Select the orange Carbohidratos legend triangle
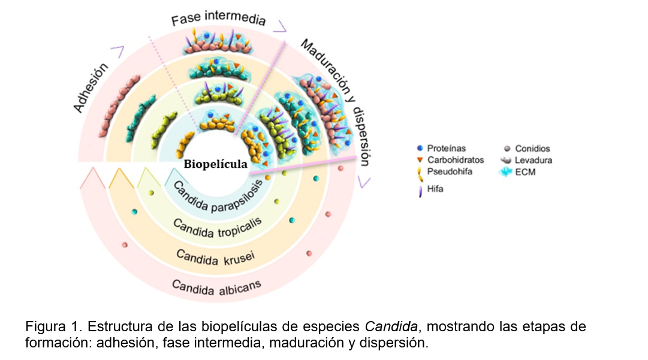[420, 160]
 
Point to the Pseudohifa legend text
[448, 171]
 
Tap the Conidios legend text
[531, 149]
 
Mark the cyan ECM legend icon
[507, 172]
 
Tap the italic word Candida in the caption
[384, 327]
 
